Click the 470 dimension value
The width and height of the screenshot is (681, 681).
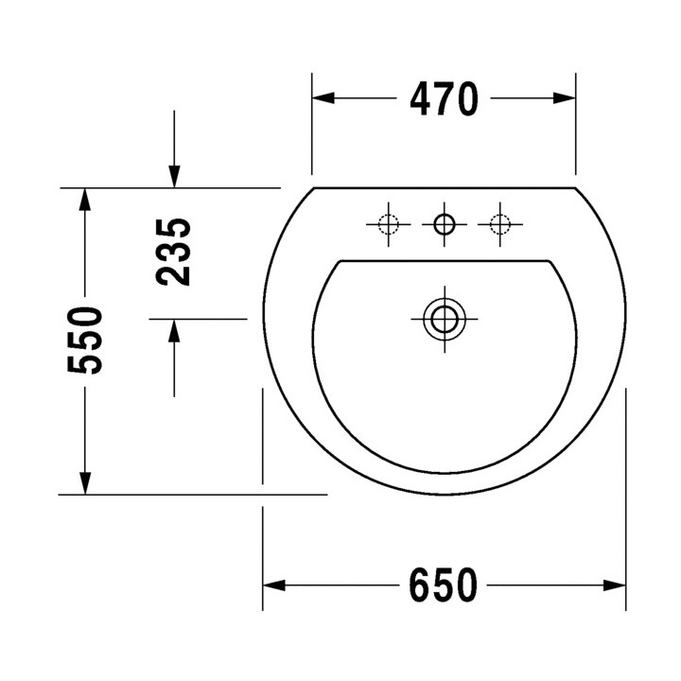coord(444,98)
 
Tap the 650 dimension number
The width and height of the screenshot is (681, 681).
coord(444,585)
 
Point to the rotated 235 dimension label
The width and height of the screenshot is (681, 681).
coord(174,252)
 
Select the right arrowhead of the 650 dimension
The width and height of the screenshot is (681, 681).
coord(614,585)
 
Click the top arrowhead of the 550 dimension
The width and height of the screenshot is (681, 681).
coord(85,200)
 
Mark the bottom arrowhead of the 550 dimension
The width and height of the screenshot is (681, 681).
coord(85,481)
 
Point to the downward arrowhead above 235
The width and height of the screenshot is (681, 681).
coord(174,176)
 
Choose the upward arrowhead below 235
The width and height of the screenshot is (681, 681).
coord(174,331)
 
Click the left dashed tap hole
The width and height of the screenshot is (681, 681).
coord(388,224)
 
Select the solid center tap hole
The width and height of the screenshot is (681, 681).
coord(444,224)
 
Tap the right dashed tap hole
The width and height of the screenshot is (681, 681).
coord(499,224)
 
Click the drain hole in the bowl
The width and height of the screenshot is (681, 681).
coord(444,318)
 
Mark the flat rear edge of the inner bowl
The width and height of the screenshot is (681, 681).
coord(444,259)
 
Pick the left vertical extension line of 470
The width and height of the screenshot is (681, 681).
coord(312,132)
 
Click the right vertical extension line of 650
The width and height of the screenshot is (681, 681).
coord(626,492)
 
